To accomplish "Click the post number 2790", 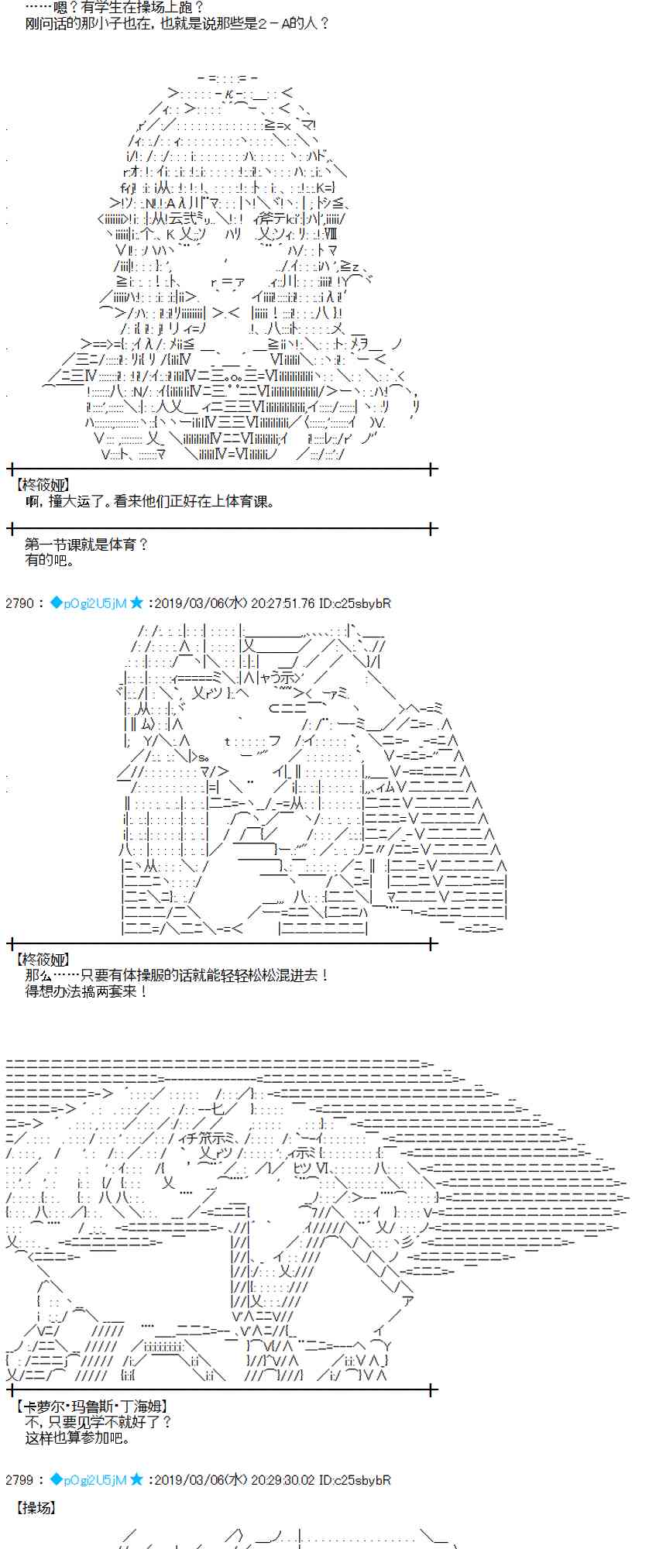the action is coord(19,603).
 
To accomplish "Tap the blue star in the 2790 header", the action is coord(136,603).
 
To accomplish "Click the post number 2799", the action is coord(19,1480).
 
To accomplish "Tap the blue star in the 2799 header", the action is coord(136,1479).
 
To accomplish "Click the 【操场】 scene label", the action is coord(36,1508).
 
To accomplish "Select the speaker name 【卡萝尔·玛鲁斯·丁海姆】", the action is coord(91,1406).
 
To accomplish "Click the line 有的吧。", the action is coord(50,560).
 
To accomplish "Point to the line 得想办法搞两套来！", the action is coord(86,991).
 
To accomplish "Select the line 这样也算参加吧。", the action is coord(79,1438).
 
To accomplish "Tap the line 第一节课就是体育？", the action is coord(86,544).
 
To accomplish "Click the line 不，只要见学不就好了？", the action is coord(98,1423).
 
